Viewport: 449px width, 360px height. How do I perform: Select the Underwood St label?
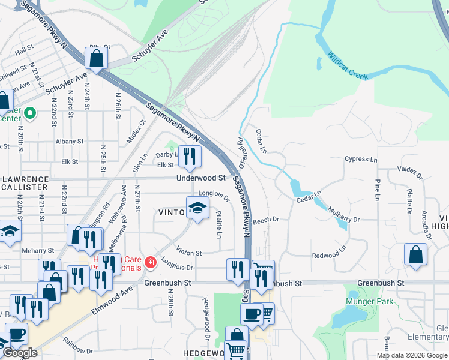(x=200, y=178)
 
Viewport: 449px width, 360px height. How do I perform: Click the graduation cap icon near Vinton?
(x=197, y=208)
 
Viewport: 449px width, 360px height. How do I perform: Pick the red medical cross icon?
(x=149, y=262)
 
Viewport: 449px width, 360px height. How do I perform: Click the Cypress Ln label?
(x=361, y=160)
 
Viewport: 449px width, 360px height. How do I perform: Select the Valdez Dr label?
(x=409, y=172)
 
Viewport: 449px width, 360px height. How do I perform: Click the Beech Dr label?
(x=267, y=220)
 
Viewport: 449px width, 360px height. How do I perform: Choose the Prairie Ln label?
(x=220, y=223)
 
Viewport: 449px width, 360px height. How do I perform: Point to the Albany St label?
(x=69, y=142)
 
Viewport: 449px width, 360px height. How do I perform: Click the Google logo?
(x=20, y=353)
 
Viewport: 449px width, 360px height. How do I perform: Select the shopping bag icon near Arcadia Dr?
(x=415, y=254)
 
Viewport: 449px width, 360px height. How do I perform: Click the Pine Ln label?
(x=378, y=189)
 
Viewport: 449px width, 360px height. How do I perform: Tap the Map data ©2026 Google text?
(x=412, y=355)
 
